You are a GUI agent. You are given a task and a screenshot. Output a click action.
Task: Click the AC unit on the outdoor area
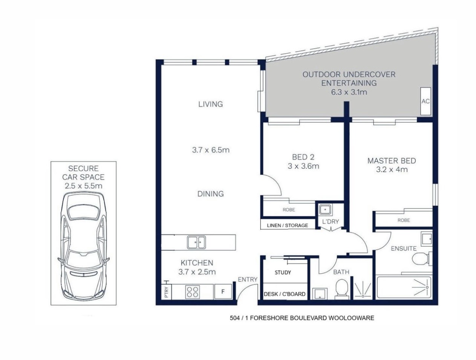(x=425, y=101)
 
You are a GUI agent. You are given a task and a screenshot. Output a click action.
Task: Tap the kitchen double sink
(x=196, y=242)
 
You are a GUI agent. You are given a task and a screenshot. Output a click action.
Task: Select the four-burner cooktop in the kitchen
(x=193, y=292)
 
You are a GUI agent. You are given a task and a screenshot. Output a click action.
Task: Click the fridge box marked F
(x=223, y=291)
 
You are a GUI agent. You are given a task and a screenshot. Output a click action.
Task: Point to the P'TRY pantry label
(x=166, y=292)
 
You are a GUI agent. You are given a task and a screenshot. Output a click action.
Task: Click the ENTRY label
(x=248, y=279)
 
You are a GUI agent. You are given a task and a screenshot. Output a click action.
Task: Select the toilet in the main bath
(x=342, y=288)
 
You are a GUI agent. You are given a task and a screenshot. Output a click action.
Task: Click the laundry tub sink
(x=324, y=210)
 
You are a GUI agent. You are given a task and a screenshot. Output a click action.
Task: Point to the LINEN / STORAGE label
(x=287, y=225)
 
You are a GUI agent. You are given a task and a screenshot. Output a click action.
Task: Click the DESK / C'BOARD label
(x=285, y=294)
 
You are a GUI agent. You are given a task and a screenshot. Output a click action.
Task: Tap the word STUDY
(x=283, y=273)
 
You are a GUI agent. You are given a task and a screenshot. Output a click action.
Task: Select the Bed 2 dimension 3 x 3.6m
(x=303, y=166)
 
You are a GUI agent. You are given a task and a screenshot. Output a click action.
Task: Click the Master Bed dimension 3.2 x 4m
(x=392, y=169)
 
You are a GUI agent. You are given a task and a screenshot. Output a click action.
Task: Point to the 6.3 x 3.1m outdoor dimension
(x=349, y=92)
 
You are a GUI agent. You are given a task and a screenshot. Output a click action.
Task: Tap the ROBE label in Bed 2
(x=289, y=210)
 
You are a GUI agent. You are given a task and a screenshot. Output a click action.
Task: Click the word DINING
(x=210, y=194)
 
